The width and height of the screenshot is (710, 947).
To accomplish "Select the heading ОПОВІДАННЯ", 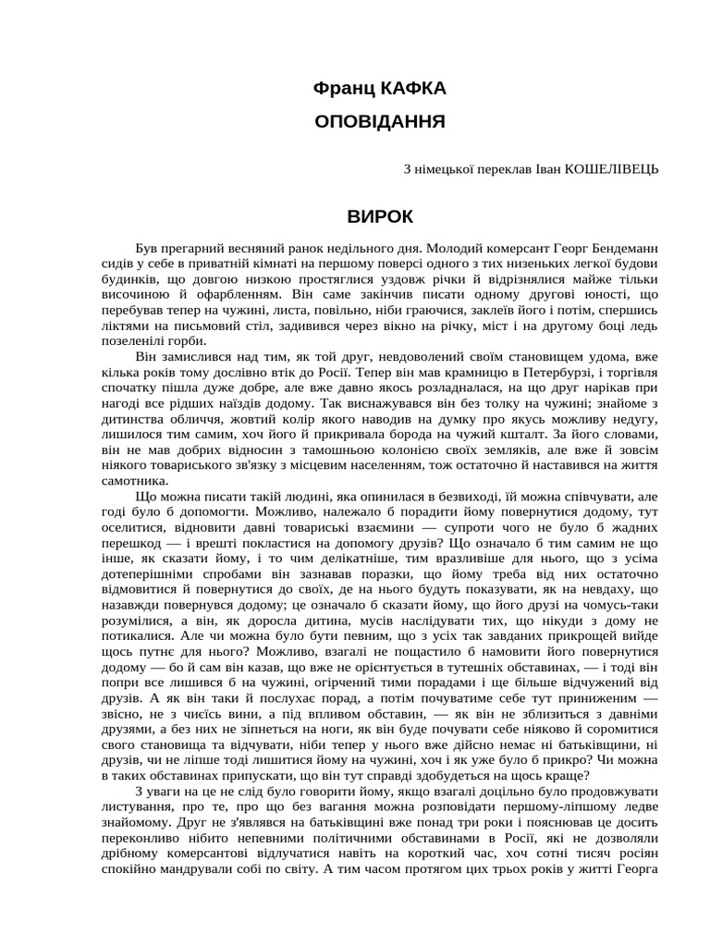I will (x=380, y=121).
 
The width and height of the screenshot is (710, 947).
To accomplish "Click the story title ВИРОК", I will (x=380, y=216).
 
